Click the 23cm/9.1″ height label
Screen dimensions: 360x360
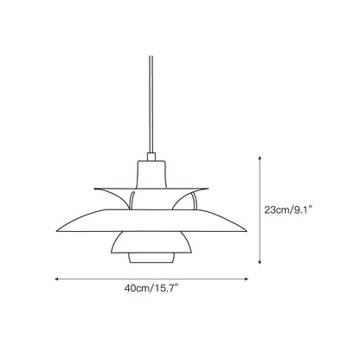(288, 210)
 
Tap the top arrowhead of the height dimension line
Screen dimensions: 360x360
(260, 158)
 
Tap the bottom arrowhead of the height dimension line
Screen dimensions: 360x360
(260, 261)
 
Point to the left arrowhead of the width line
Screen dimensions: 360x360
(57, 279)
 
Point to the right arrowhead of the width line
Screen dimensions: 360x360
(246, 279)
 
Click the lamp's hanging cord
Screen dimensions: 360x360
(151, 104)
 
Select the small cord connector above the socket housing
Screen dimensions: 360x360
(151, 157)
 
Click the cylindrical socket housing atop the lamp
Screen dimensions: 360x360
(151, 174)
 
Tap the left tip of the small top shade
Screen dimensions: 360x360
(94, 189)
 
